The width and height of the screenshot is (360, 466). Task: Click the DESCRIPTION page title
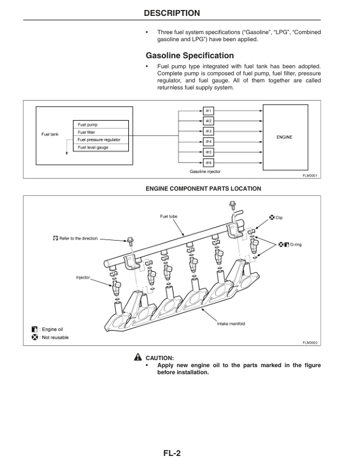pyautogui.click(x=180, y=12)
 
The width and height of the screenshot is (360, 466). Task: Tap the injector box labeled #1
pyautogui.click(x=209, y=111)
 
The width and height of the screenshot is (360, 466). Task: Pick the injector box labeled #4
pyautogui.click(x=209, y=141)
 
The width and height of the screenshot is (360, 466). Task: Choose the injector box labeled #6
pyautogui.click(x=209, y=162)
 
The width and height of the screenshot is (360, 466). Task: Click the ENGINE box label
pyautogui.click(x=285, y=137)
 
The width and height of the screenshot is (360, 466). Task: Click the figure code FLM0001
pyautogui.click(x=309, y=175)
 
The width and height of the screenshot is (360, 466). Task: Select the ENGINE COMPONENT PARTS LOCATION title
pyautogui.click(x=203, y=188)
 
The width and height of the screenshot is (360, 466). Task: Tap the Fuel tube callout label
pyautogui.click(x=168, y=217)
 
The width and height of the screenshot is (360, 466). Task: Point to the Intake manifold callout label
pyautogui.click(x=231, y=324)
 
